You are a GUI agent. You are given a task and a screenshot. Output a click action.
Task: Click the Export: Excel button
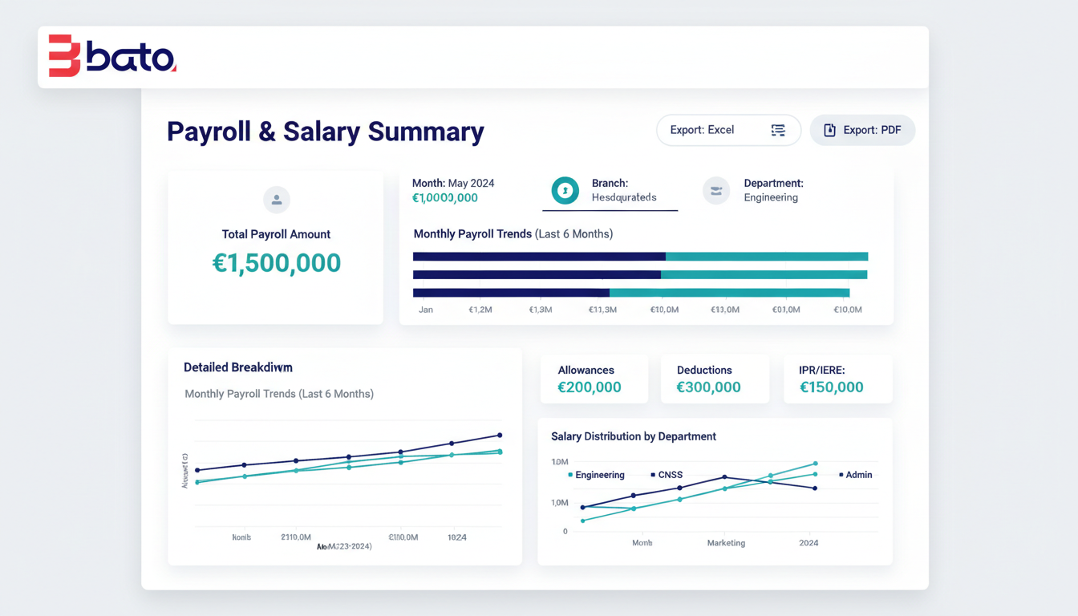(x=728, y=130)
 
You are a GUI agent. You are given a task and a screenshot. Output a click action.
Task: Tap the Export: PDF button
(x=862, y=130)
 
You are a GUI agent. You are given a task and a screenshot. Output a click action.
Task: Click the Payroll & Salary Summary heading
(x=325, y=132)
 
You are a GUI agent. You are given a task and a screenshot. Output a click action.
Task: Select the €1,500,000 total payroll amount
(x=276, y=263)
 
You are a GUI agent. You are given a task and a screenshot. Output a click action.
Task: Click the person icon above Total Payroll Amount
(x=277, y=200)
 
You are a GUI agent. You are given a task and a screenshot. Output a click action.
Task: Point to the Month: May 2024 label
(x=453, y=184)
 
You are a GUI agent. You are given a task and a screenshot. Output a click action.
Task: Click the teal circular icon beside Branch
(x=565, y=190)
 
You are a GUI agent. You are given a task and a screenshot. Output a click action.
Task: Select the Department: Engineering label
(x=772, y=190)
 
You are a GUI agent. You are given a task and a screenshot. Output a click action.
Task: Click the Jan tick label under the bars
(x=426, y=310)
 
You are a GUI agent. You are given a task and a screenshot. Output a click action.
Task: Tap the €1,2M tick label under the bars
(x=480, y=310)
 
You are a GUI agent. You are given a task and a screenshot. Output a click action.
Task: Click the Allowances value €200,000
(x=590, y=387)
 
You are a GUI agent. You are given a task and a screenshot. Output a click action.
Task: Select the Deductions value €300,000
(x=708, y=387)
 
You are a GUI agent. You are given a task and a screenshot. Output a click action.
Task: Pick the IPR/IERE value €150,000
(x=832, y=387)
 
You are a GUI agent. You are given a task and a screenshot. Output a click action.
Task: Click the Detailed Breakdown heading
(x=237, y=367)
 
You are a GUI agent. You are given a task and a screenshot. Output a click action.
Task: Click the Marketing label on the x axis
(x=726, y=543)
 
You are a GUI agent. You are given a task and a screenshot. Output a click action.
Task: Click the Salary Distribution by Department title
(x=633, y=436)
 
